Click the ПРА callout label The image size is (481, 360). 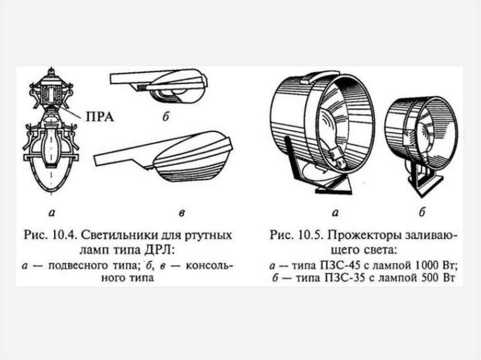100,116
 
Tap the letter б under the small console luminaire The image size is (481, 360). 165,118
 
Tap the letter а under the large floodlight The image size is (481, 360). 335,214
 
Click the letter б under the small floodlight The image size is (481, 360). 421,214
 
